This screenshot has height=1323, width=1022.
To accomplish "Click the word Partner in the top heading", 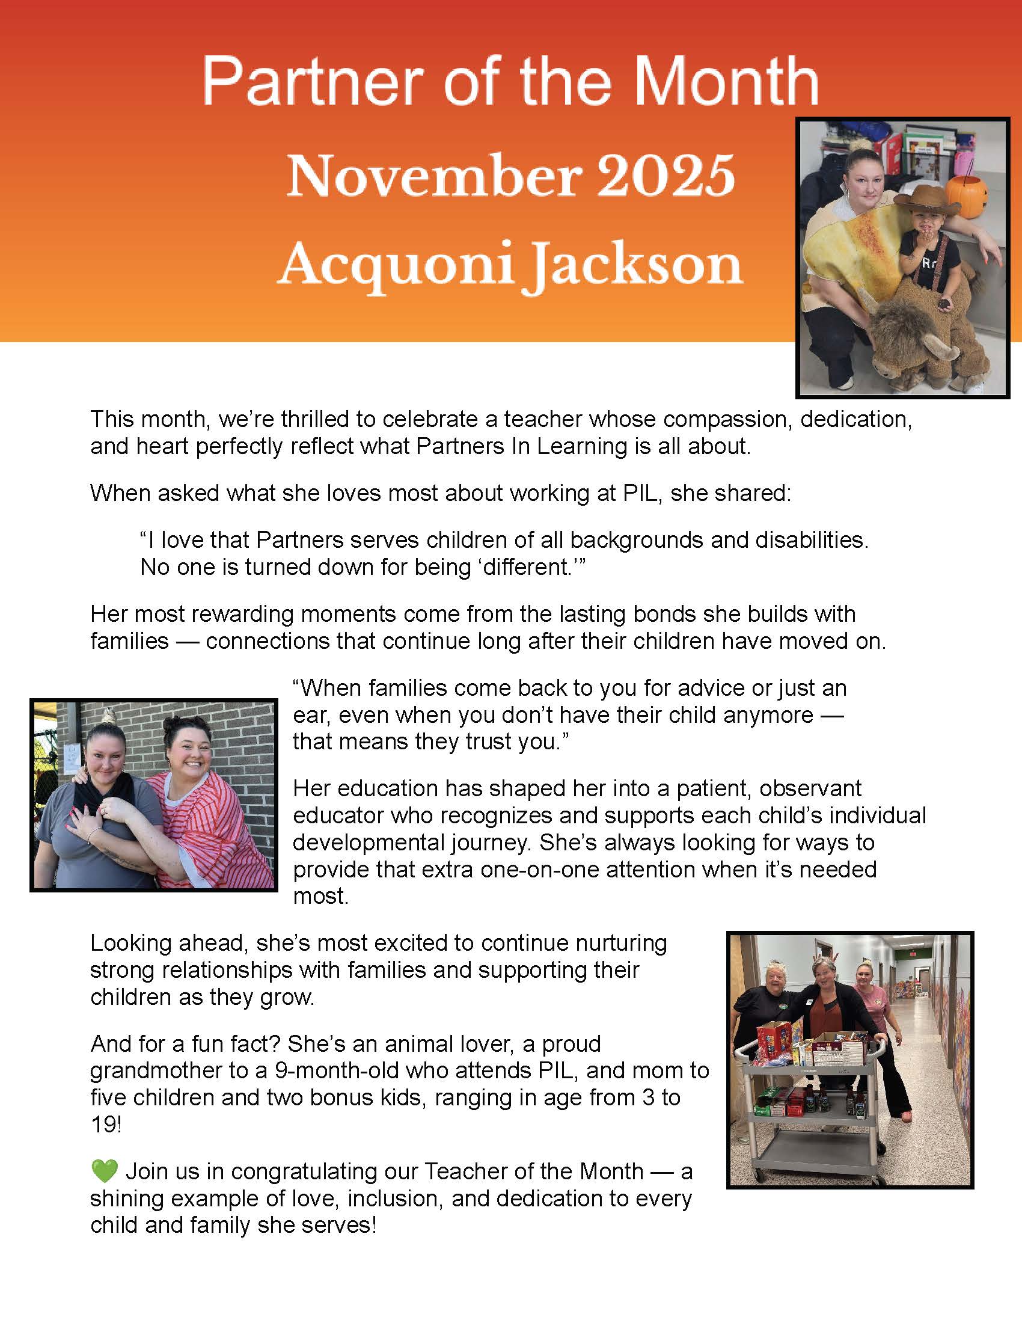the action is click(313, 81).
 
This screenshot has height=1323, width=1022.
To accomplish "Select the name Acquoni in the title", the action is click(396, 265).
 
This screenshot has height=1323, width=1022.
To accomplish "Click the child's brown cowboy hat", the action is click(926, 202).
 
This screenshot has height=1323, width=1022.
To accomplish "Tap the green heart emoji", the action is click(104, 1171).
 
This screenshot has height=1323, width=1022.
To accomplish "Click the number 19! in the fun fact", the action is click(106, 1125).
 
